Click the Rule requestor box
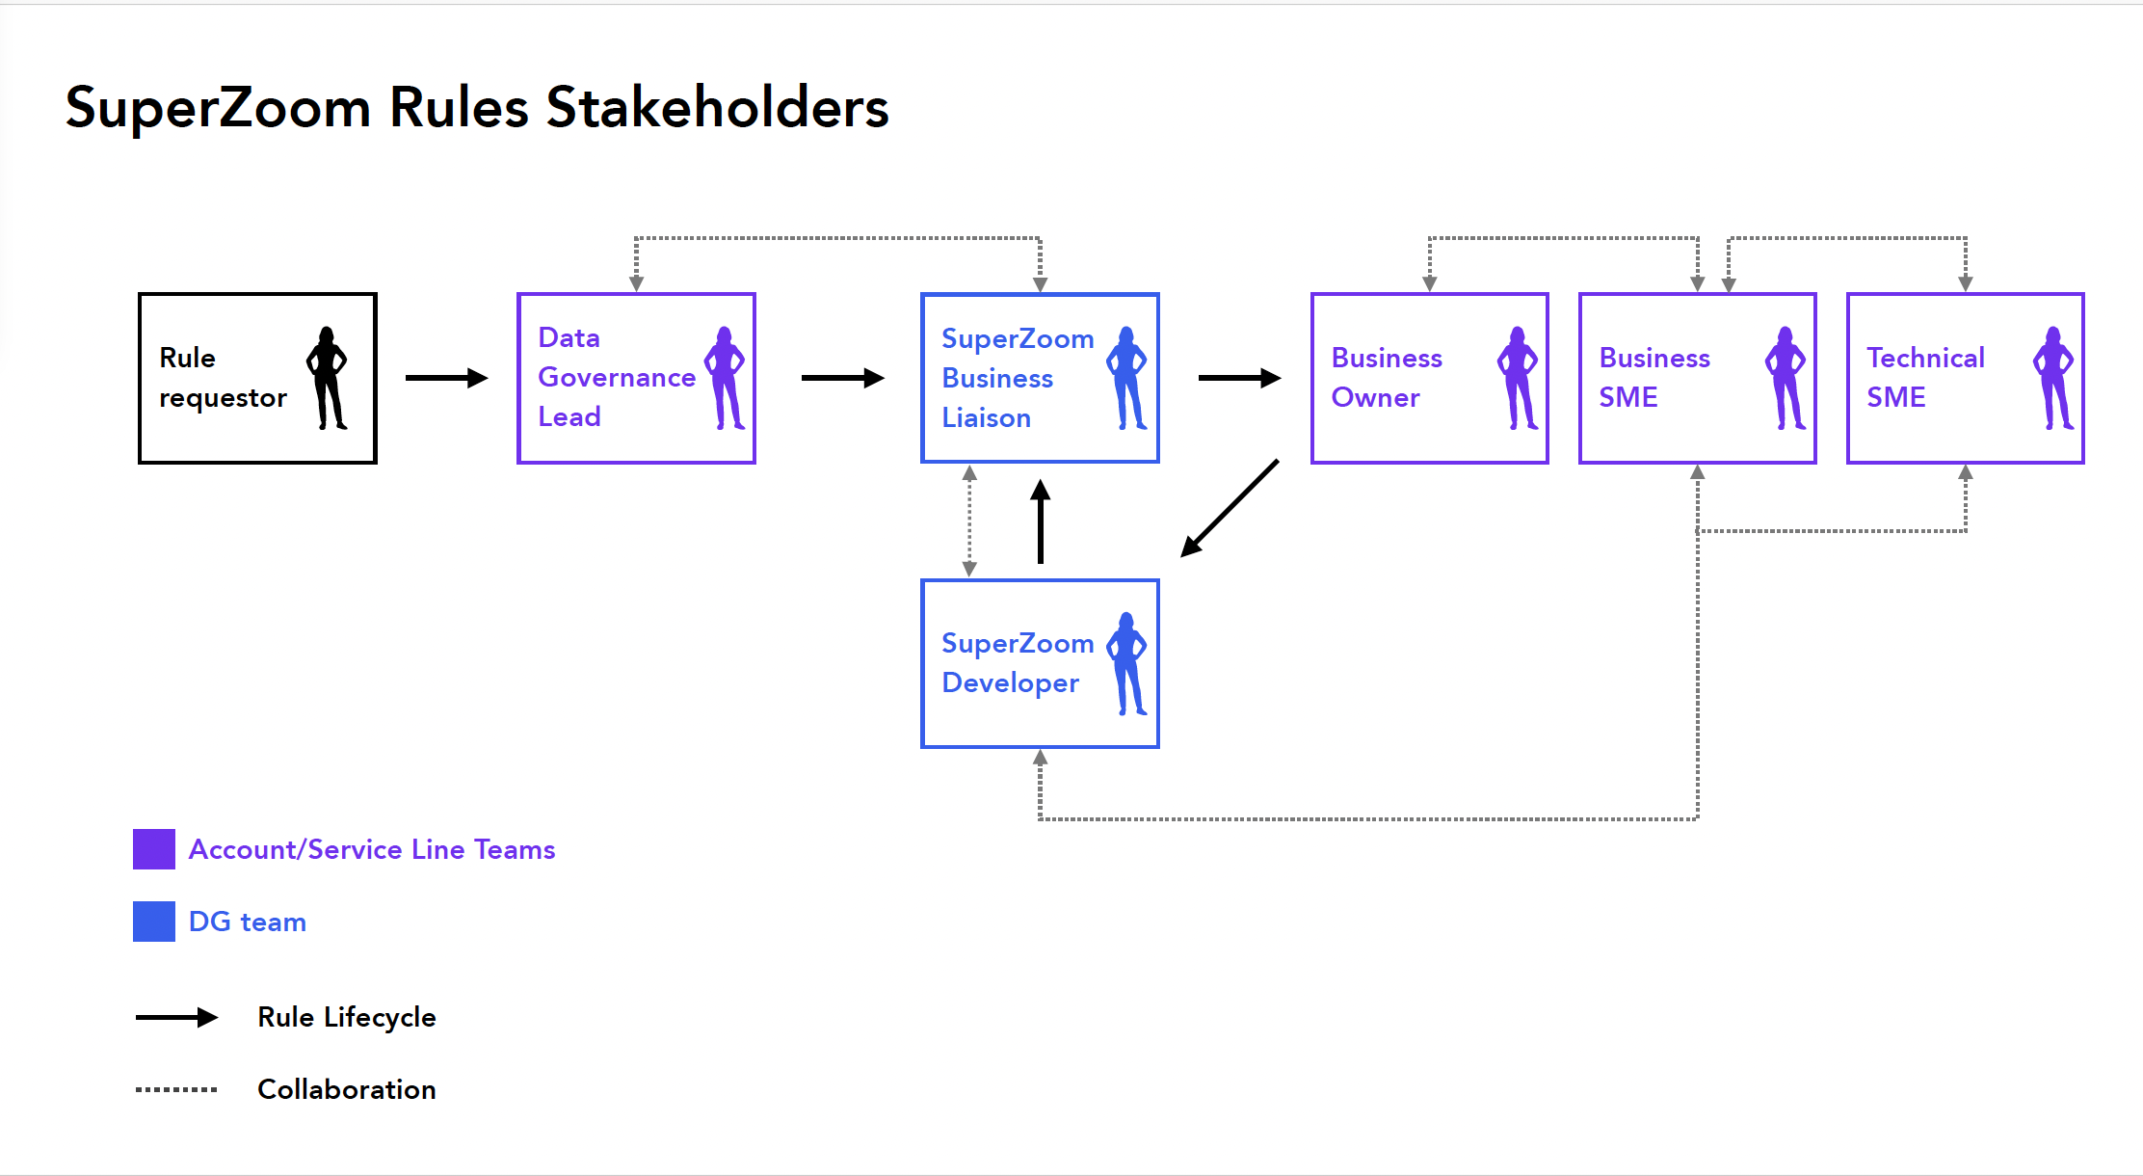tap(257, 378)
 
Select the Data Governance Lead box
tap(636, 378)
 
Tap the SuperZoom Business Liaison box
tap(1040, 378)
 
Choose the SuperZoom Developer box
tap(1040, 663)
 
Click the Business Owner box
tap(1430, 378)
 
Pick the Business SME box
tap(1698, 378)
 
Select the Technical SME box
tap(1966, 378)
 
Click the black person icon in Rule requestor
tap(327, 378)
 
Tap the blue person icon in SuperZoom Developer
tap(1126, 663)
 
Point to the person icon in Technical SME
tap(2053, 378)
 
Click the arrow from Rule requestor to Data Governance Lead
tap(446, 378)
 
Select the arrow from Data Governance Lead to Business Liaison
tap(842, 378)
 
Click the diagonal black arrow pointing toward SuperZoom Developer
tap(1230, 509)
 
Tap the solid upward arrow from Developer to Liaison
tap(1040, 521)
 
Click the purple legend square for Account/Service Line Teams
tap(154, 849)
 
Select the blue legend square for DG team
tap(154, 922)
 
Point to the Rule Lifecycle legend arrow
tap(176, 1017)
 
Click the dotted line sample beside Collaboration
tap(176, 1089)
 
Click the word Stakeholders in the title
tap(717, 107)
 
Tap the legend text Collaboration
tap(347, 1089)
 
